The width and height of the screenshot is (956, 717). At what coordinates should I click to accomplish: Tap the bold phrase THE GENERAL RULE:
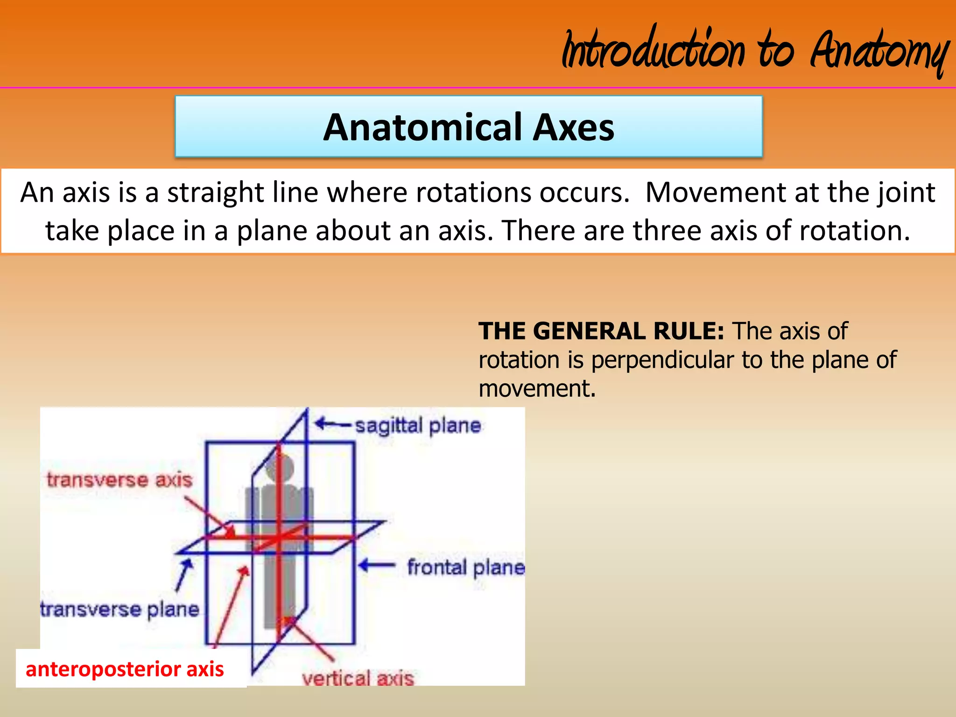tap(601, 331)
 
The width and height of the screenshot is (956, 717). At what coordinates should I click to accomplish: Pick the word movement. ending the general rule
tap(537, 388)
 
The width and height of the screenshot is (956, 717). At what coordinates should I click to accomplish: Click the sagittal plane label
tap(418, 426)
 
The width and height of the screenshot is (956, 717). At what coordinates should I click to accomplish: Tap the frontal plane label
tap(466, 567)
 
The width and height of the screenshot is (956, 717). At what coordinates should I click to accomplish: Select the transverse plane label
tap(120, 609)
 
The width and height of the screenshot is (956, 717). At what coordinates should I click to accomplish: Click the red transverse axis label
tap(119, 480)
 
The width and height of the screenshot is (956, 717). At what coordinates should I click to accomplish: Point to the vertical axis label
tap(358, 678)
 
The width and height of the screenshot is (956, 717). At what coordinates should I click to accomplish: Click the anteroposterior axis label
tap(125, 669)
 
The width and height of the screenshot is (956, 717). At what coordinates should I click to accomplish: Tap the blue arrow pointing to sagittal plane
tap(332, 424)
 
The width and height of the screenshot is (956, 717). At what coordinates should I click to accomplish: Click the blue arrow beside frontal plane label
tap(376, 566)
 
